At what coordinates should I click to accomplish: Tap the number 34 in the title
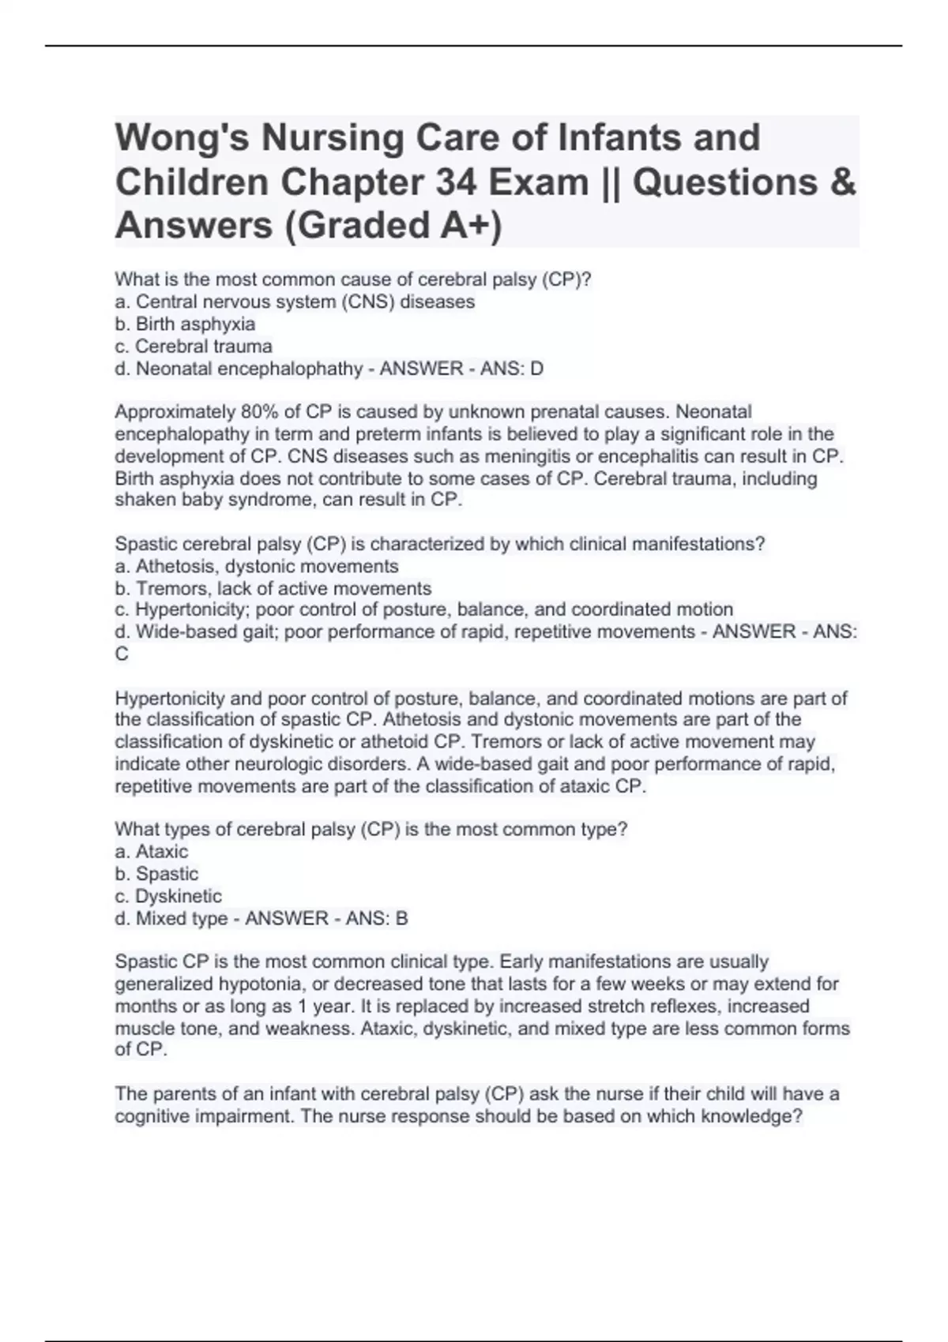(454, 183)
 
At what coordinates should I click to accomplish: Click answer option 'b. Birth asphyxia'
(185, 324)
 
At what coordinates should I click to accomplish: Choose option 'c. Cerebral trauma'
(194, 347)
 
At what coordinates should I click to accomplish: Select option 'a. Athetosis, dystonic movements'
(257, 566)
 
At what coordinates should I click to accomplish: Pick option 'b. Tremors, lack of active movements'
(273, 588)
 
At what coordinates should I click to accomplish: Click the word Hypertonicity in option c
(190, 610)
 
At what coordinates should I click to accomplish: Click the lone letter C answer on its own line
(122, 654)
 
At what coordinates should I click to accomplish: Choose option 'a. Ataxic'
(152, 852)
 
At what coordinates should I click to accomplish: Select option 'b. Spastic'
(156, 874)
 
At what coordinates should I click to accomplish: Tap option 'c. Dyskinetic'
(168, 896)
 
